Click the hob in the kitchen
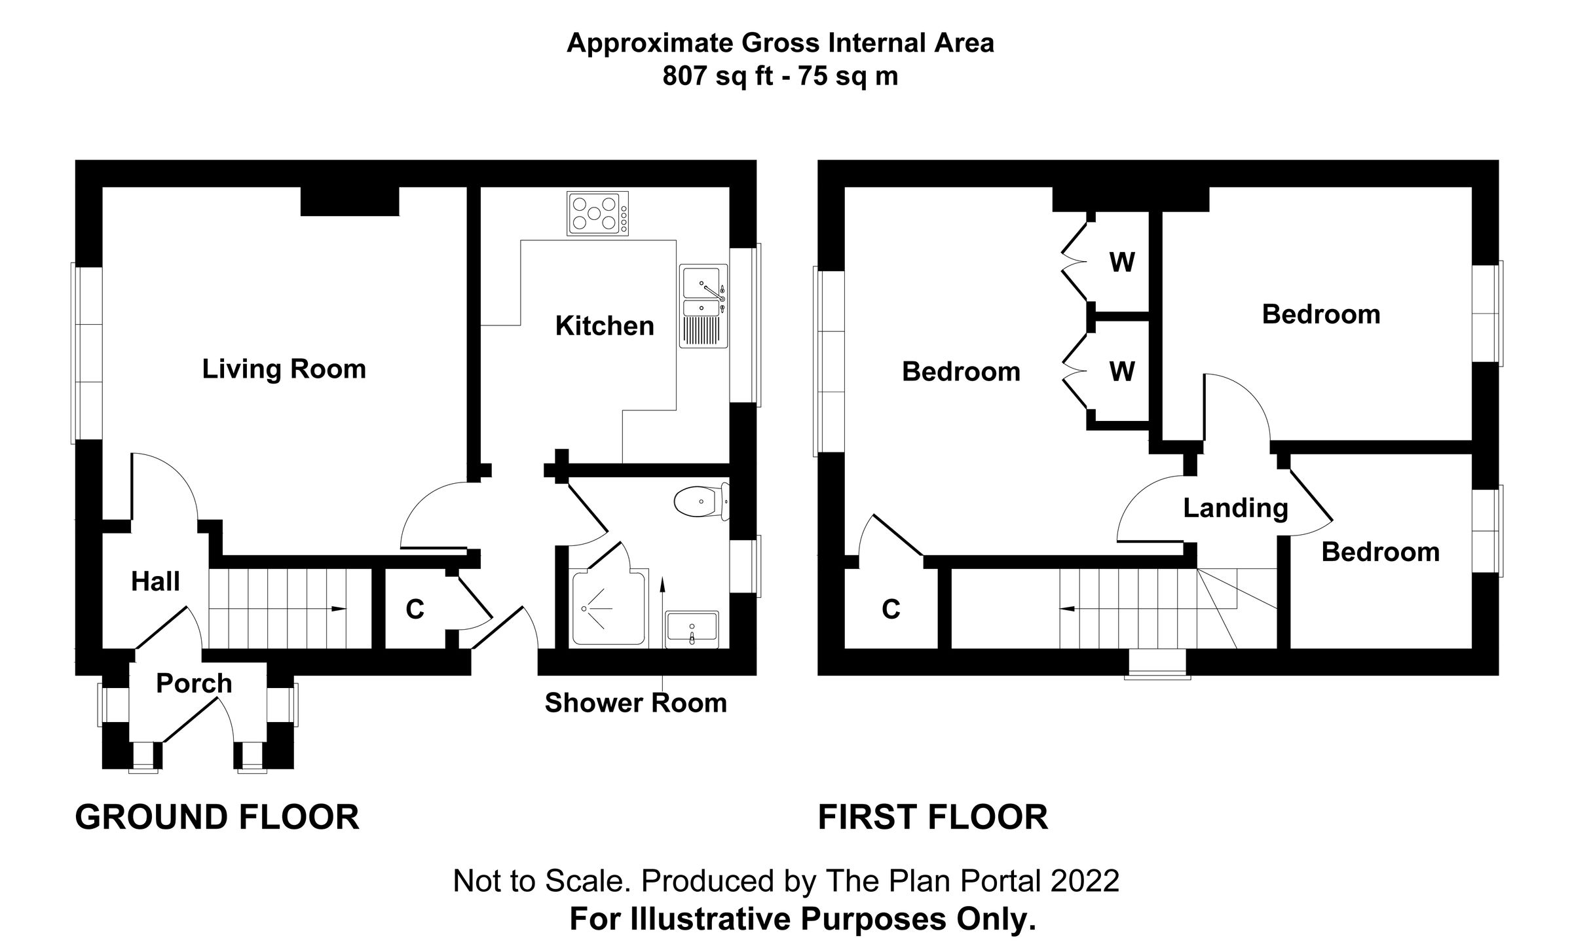597,213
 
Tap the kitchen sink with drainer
703,306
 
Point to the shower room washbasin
692,628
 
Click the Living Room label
284,369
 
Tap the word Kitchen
605,326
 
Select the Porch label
194,683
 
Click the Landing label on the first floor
1235,508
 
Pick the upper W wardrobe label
1122,263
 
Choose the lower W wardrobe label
1122,372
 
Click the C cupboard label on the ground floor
415,609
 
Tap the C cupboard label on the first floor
891,609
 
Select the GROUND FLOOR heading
217,818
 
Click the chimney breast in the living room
350,201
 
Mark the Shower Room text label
635,703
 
